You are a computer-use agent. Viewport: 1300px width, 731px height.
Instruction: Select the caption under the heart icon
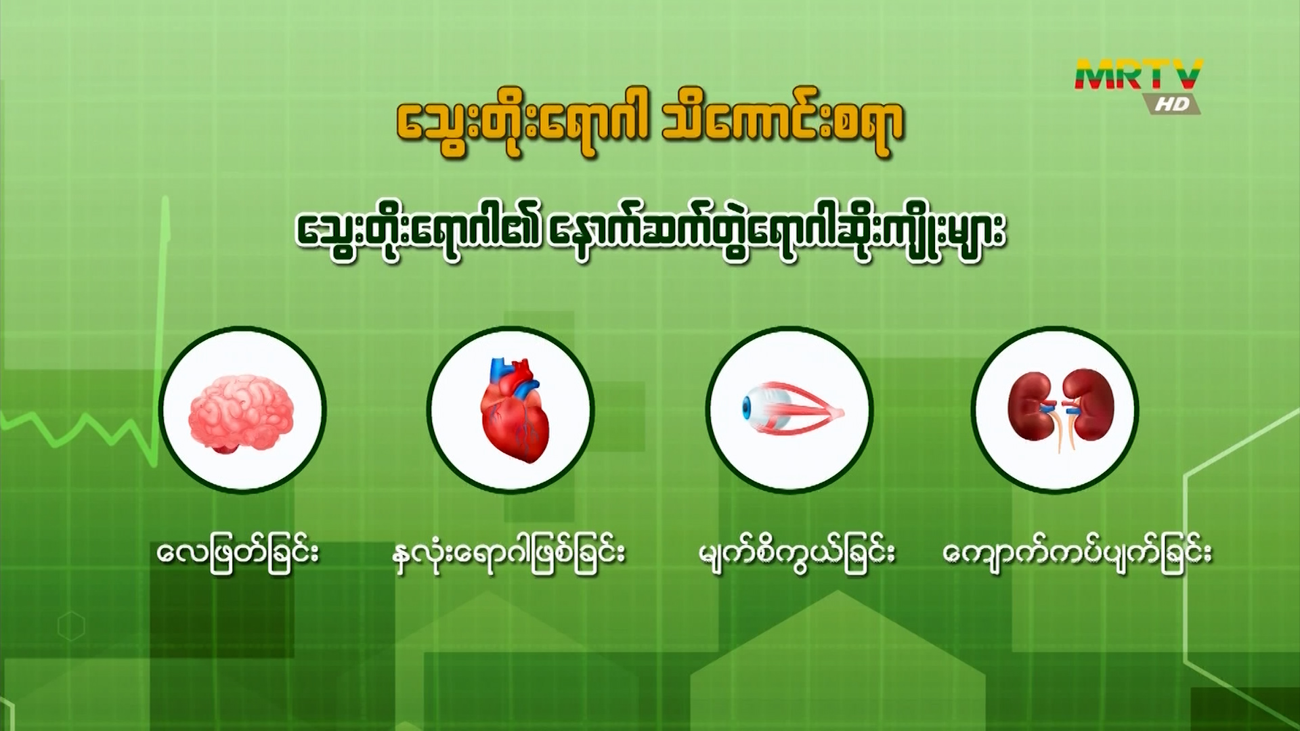(508, 553)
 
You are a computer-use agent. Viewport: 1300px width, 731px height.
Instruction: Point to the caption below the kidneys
(1077, 553)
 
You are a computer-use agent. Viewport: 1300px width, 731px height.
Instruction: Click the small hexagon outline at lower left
(71, 627)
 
